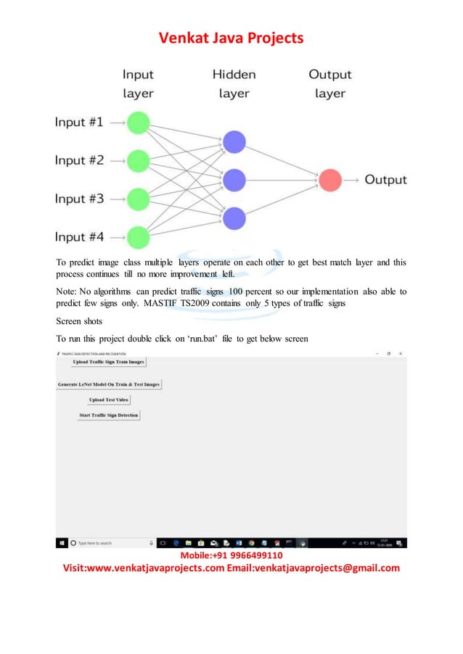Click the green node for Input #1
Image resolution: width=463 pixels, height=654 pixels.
coord(138,123)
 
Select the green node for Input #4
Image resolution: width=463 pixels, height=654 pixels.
coord(138,236)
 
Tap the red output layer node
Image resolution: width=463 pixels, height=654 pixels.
coord(330,180)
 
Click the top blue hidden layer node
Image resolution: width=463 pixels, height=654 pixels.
coord(234,142)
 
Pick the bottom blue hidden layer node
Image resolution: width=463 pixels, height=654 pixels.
coord(234,218)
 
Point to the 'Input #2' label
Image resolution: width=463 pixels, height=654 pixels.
coord(80,160)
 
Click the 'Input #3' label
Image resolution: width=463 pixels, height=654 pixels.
coord(80,199)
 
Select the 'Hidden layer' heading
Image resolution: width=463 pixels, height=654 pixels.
coord(234,83)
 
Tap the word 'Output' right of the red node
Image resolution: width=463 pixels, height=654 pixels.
coord(385,180)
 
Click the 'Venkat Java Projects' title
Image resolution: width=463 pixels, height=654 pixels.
coord(231,38)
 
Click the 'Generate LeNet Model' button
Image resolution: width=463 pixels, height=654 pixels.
coord(109,384)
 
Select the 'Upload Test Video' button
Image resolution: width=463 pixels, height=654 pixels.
coord(109,400)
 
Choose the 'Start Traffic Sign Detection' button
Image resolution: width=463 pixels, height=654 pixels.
coord(109,415)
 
